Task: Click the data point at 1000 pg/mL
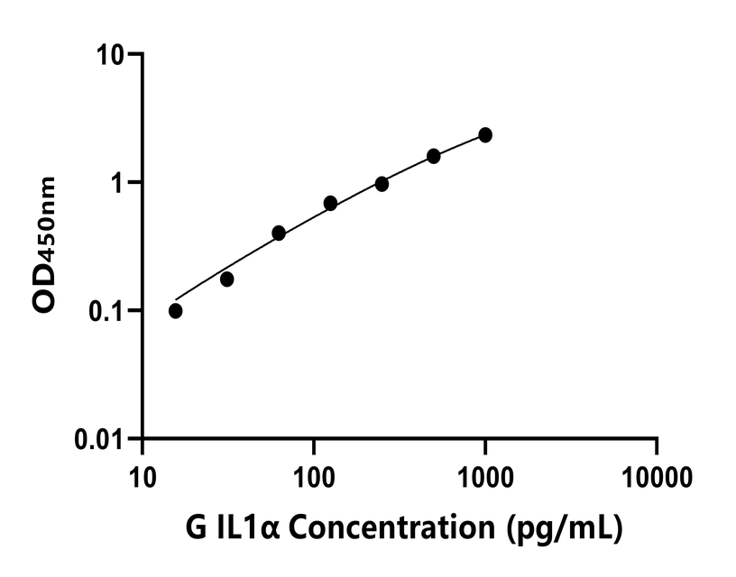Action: point(485,134)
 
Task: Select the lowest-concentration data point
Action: point(175,311)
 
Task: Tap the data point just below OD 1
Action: point(382,184)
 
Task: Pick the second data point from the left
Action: point(226,279)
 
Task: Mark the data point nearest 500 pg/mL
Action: point(434,156)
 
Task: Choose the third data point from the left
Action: point(279,233)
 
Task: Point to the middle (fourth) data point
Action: point(330,204)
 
